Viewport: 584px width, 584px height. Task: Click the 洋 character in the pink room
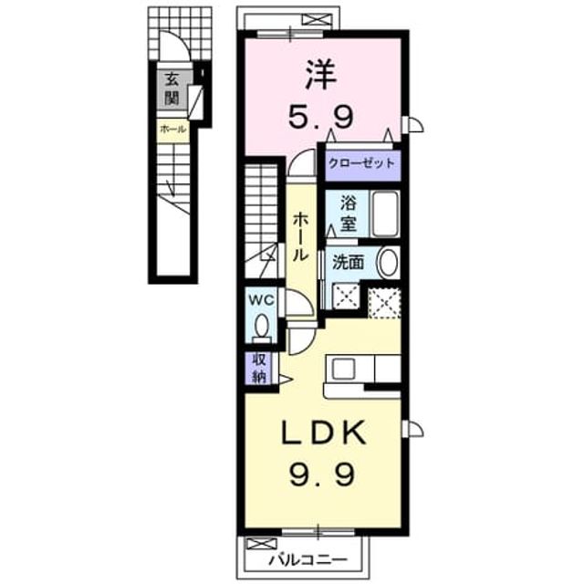(x=321, y=75)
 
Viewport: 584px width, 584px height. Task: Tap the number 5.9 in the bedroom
(x=320, y=116)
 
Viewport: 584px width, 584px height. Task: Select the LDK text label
(x=323, y=432)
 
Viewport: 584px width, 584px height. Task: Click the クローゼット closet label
(x=361, y=163)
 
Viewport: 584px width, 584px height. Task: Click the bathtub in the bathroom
(x=386, y=214)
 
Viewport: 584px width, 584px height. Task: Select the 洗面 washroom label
(x=348, y=263)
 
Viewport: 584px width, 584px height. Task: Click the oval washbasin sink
(x=388, y=263)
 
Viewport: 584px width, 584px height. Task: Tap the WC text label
(x=261, y=300)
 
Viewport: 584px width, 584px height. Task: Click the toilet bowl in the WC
(x=262, y=327)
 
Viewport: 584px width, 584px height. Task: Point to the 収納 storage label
(x=259, y=368)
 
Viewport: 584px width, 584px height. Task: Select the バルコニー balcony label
(x=308, y=559)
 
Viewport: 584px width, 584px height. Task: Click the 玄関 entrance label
(x=172, y=89)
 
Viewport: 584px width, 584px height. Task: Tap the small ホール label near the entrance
(x=172, y=130)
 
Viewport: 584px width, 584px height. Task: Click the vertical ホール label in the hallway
(x=300, y=237)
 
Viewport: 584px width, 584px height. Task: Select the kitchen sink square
(x=344, y=369)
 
